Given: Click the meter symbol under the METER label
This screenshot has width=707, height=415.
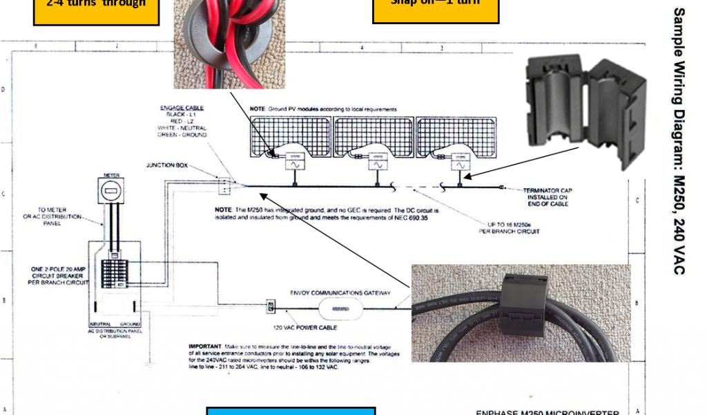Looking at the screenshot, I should [111, 190].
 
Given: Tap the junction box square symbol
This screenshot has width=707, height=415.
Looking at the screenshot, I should [224, 185].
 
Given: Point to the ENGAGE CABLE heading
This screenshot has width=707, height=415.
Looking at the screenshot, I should [179, 109].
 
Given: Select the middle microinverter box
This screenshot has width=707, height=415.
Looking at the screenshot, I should [377, 165].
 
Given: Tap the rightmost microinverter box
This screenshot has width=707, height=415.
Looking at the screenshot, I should [459, 165].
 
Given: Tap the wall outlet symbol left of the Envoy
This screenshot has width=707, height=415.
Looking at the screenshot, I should [271, 305].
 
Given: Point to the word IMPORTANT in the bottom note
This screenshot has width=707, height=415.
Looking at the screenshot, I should [205, 345].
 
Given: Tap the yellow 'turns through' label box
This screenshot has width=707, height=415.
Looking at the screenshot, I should [96, 10].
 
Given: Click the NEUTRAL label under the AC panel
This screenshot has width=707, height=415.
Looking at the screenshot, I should [100, 324].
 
